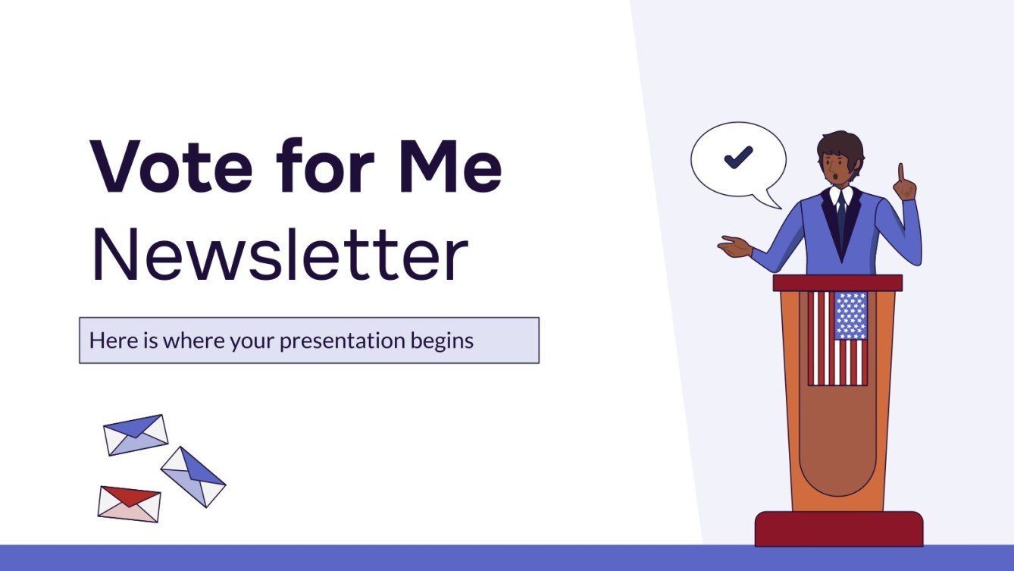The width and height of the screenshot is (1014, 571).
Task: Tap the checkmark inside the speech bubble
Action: [737, 157]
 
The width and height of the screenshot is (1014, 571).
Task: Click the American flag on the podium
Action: [837, 338]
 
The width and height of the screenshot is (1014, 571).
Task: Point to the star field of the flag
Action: [850, 315]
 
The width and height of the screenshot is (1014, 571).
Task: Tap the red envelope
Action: [129, 504]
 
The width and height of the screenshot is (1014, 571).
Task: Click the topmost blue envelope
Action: [136, 435]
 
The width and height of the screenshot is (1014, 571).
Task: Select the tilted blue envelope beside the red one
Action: [192, 476]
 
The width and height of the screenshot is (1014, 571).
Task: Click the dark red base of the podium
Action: [839, 529]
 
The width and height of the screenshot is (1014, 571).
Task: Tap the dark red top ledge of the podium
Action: [837, 283]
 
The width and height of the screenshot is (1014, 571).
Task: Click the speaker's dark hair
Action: [840, 143]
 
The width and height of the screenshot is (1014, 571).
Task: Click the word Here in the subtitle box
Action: [109, 341]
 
